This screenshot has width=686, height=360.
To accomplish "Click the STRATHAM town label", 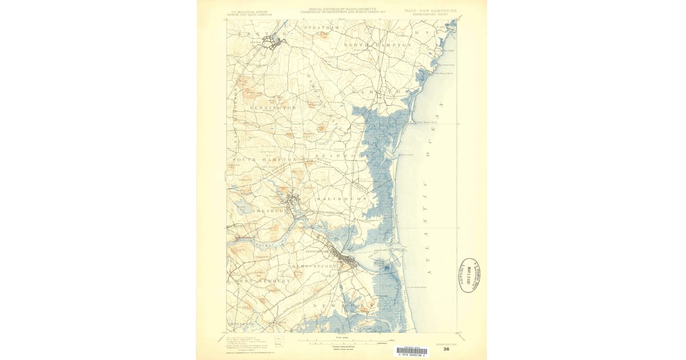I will tap(321, 27).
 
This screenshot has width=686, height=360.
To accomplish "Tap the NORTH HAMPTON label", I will tap(378, 45).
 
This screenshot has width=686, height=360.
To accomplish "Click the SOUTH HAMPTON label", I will tap(264, 159).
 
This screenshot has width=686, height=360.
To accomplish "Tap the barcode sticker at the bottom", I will tap(411, 351).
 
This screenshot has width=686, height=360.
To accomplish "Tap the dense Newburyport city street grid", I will tap(348, 260).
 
